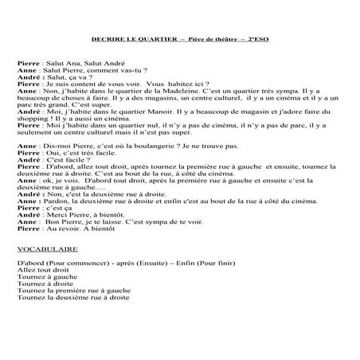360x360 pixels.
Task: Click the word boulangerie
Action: click(x=142, y=147)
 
